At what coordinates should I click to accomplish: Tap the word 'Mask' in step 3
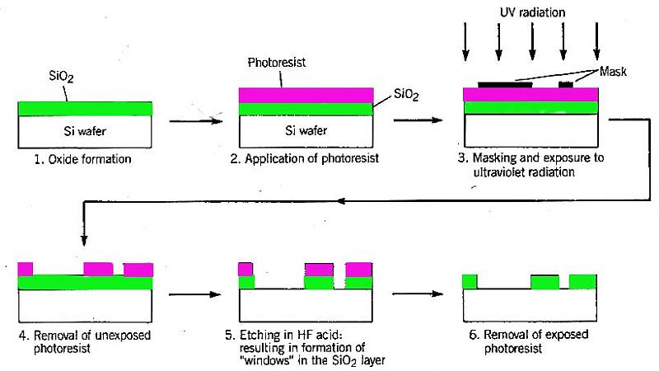pos(613,72)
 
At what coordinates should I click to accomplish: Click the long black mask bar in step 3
pos(503,84)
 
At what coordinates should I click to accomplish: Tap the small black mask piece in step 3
pos(566,84)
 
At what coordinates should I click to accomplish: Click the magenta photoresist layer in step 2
pos(306,95)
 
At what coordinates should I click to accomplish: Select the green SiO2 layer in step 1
pos(84,108)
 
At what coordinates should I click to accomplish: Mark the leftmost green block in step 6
pos(470,281)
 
